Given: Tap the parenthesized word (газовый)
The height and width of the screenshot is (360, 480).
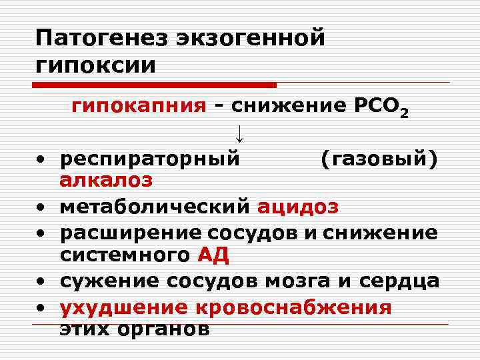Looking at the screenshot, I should point(379,159).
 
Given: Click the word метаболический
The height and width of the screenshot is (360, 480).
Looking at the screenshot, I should point(155,207).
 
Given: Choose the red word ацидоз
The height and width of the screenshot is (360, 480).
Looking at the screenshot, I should point(298,207).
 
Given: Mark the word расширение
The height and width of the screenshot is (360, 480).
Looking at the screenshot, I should point(131,233).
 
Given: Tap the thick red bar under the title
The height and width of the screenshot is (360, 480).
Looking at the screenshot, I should point(156,85).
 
